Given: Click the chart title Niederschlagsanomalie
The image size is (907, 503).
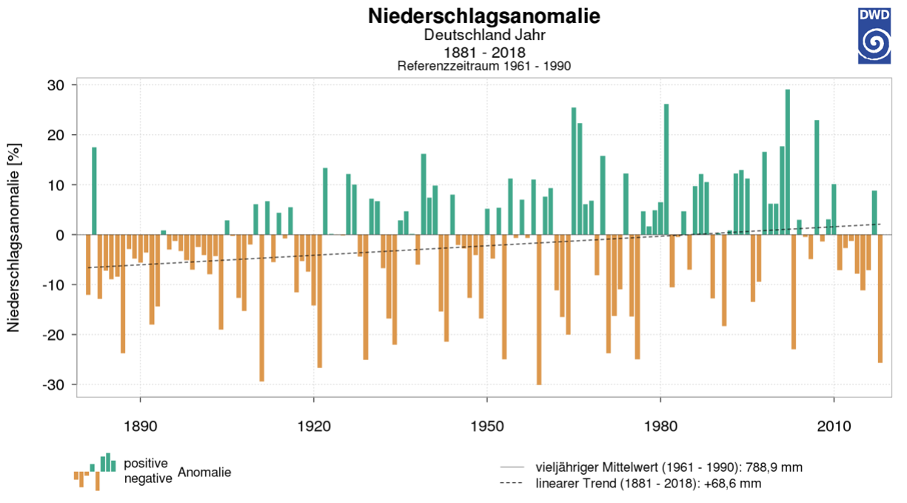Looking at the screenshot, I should [x=483, y=16].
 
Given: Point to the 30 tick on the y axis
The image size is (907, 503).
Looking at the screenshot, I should [x=62, y=85].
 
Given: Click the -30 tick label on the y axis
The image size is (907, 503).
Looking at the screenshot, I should [x=59, y=384].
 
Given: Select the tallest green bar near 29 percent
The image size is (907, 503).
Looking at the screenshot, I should [x=787, y=161].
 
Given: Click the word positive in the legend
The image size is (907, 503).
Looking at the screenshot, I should [x=146, y=464].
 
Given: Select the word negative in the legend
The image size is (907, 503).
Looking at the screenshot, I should [x=148, y=479].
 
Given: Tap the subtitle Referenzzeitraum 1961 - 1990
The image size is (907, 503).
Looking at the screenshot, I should [x=483, y=66].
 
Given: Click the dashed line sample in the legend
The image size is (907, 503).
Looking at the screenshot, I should [x=512, y=484].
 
